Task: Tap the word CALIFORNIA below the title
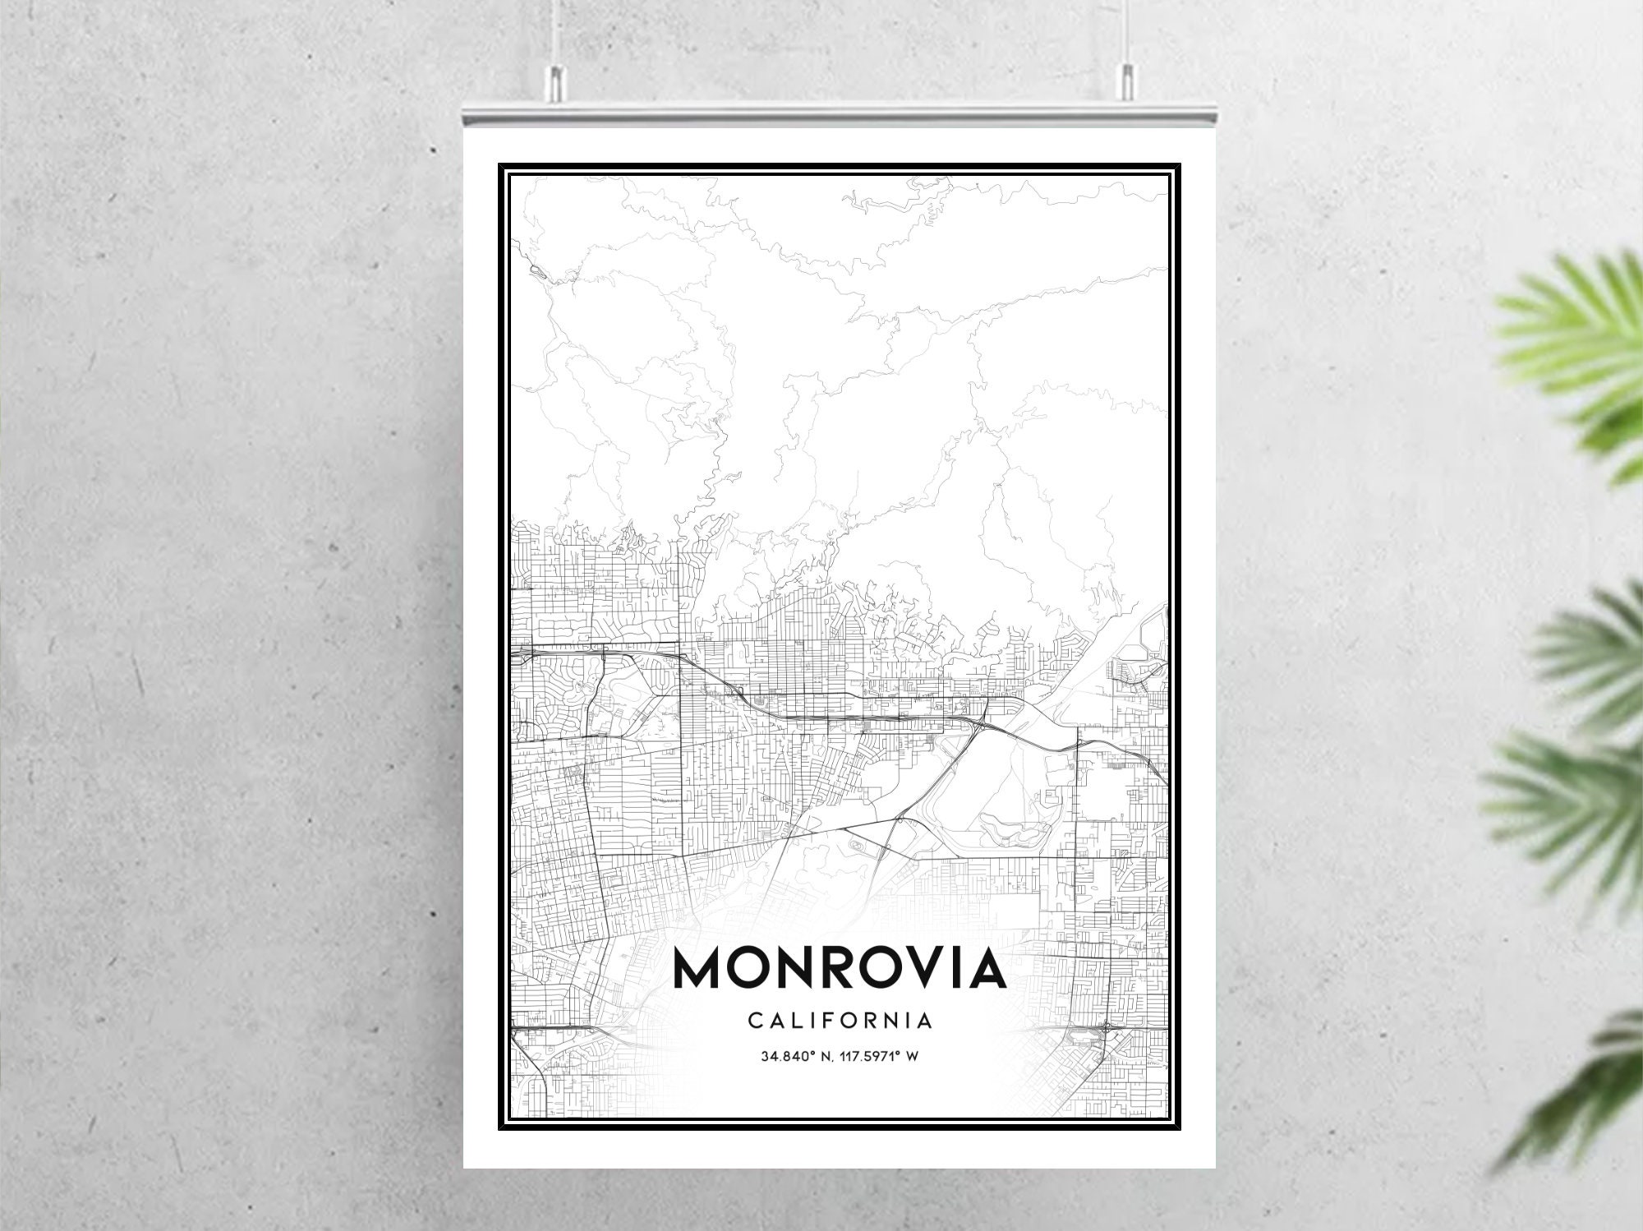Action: pyautogui.click(x=840, y=1021)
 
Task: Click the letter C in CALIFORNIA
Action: pyautogui.click(x=754, y=1021)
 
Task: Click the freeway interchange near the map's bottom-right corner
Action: pyautogui.click(x=1107, y=1026)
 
